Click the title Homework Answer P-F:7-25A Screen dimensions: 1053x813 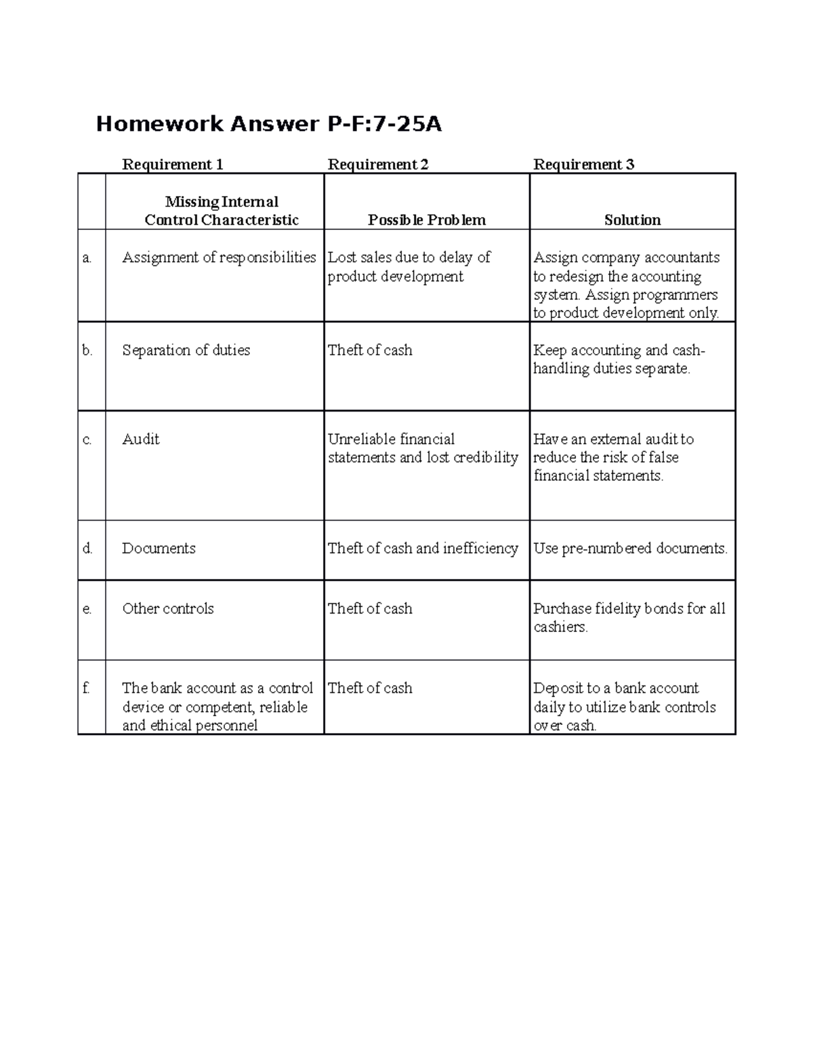[268, 124]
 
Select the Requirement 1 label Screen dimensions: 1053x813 [172, 165]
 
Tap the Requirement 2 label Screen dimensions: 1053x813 [378, 165]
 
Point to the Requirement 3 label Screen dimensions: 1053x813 [584, 165]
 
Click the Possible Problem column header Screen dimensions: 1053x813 [427, 220]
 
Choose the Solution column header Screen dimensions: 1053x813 [632, 220]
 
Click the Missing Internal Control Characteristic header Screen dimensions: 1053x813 [222, 211]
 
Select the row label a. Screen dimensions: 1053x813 [87, 258]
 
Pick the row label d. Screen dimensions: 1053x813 [87, 549]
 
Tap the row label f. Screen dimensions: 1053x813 [86, 688]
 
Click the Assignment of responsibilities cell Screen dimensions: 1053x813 [219, 258]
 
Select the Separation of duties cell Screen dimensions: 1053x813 [186, 351]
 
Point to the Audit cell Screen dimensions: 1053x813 [141, 439]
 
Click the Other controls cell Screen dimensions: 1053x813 [168, 609]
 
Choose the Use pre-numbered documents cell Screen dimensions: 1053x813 [631, 549]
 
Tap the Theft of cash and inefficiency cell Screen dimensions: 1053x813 [423, 549]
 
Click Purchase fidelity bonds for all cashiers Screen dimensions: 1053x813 [629, 618]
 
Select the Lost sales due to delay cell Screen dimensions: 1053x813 [409, 267]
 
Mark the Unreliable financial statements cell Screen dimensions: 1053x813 [423, 448]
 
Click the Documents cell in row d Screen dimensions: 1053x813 [159, 549]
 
